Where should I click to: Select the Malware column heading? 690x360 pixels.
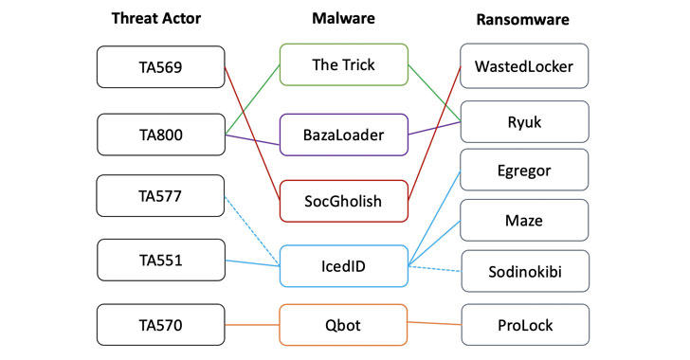[x=343, y=18]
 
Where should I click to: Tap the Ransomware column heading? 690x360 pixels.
[x=525, y=18]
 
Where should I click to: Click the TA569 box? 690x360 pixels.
[x=161, y=66]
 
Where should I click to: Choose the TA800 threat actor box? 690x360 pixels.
[x=161, y=135]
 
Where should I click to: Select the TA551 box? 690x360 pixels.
[x=161, y=259]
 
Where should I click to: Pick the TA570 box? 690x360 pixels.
[x=161, y=324]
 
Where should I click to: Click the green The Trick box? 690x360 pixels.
[x=343, y=63]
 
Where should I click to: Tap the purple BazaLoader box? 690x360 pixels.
[x=343, y=135]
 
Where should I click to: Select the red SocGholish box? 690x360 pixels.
[x=343, y=200]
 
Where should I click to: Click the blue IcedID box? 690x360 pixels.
[x=343, y=266]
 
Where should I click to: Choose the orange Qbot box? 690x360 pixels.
[x=343, y=324]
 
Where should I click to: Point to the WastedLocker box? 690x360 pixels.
[x=524, y=66]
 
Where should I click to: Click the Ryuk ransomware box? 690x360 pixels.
[x=524, y=121]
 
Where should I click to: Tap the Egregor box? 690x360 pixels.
[x=524, y=170]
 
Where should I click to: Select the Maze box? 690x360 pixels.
[x=524, y=222]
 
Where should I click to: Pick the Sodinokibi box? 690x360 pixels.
[x=524, y=271]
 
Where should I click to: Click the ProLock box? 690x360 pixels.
[x=524, y=324]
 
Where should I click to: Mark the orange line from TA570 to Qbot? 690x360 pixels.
[x=252, y=324]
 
